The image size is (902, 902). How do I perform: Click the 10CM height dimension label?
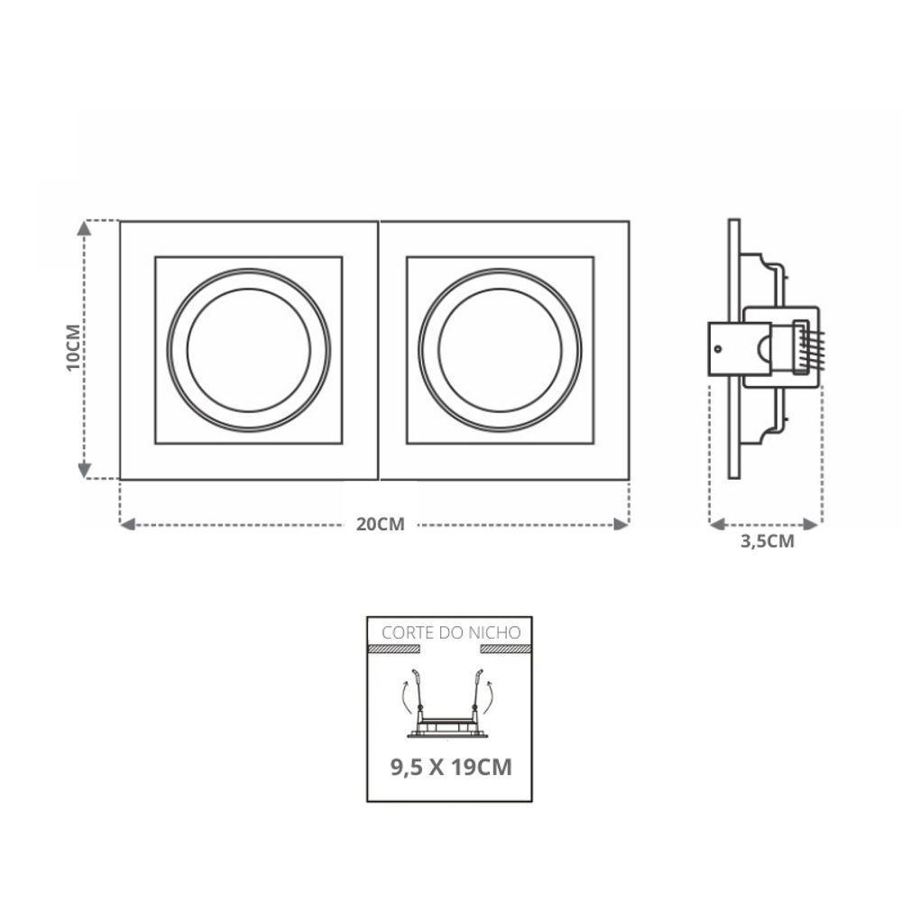point(73,348)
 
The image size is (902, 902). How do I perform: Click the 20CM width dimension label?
point(381,525)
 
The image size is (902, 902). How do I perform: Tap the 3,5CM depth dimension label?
point(767,542)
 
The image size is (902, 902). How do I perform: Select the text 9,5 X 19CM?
point(451,768)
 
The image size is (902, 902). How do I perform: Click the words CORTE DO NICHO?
point(451,633)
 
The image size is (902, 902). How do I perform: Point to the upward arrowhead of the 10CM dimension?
point(85,228)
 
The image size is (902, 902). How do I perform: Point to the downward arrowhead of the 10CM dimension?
point(85,471)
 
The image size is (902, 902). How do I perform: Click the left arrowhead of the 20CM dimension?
point(127,524)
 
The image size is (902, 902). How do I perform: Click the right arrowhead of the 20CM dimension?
point(621,524)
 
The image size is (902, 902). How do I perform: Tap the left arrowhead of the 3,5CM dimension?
point(717,524)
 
